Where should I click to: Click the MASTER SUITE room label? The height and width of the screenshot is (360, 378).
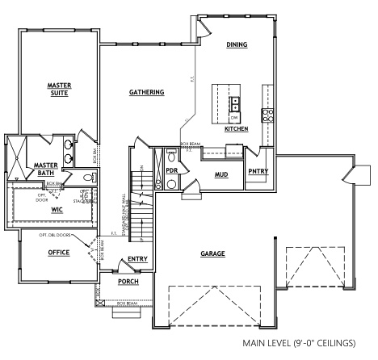[58, 88]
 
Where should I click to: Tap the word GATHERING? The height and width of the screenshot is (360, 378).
[146, 92]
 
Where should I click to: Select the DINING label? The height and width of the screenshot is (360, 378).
[237, 44]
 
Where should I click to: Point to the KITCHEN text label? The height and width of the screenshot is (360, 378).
[236, 129]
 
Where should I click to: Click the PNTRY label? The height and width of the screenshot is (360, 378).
[258, 171]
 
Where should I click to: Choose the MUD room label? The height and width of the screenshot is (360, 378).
[220, 174]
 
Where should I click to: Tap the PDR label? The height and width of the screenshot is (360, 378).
[171, 171]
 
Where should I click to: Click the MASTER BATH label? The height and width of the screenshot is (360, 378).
[44, 169]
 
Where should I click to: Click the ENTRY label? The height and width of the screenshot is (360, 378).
[136, 259]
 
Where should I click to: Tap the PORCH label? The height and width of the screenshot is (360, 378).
[128, 282]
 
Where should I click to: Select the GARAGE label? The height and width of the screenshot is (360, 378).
[212, 253]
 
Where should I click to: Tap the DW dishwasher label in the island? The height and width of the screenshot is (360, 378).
[234, 115]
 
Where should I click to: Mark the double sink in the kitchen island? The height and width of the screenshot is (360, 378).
[235, 103]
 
